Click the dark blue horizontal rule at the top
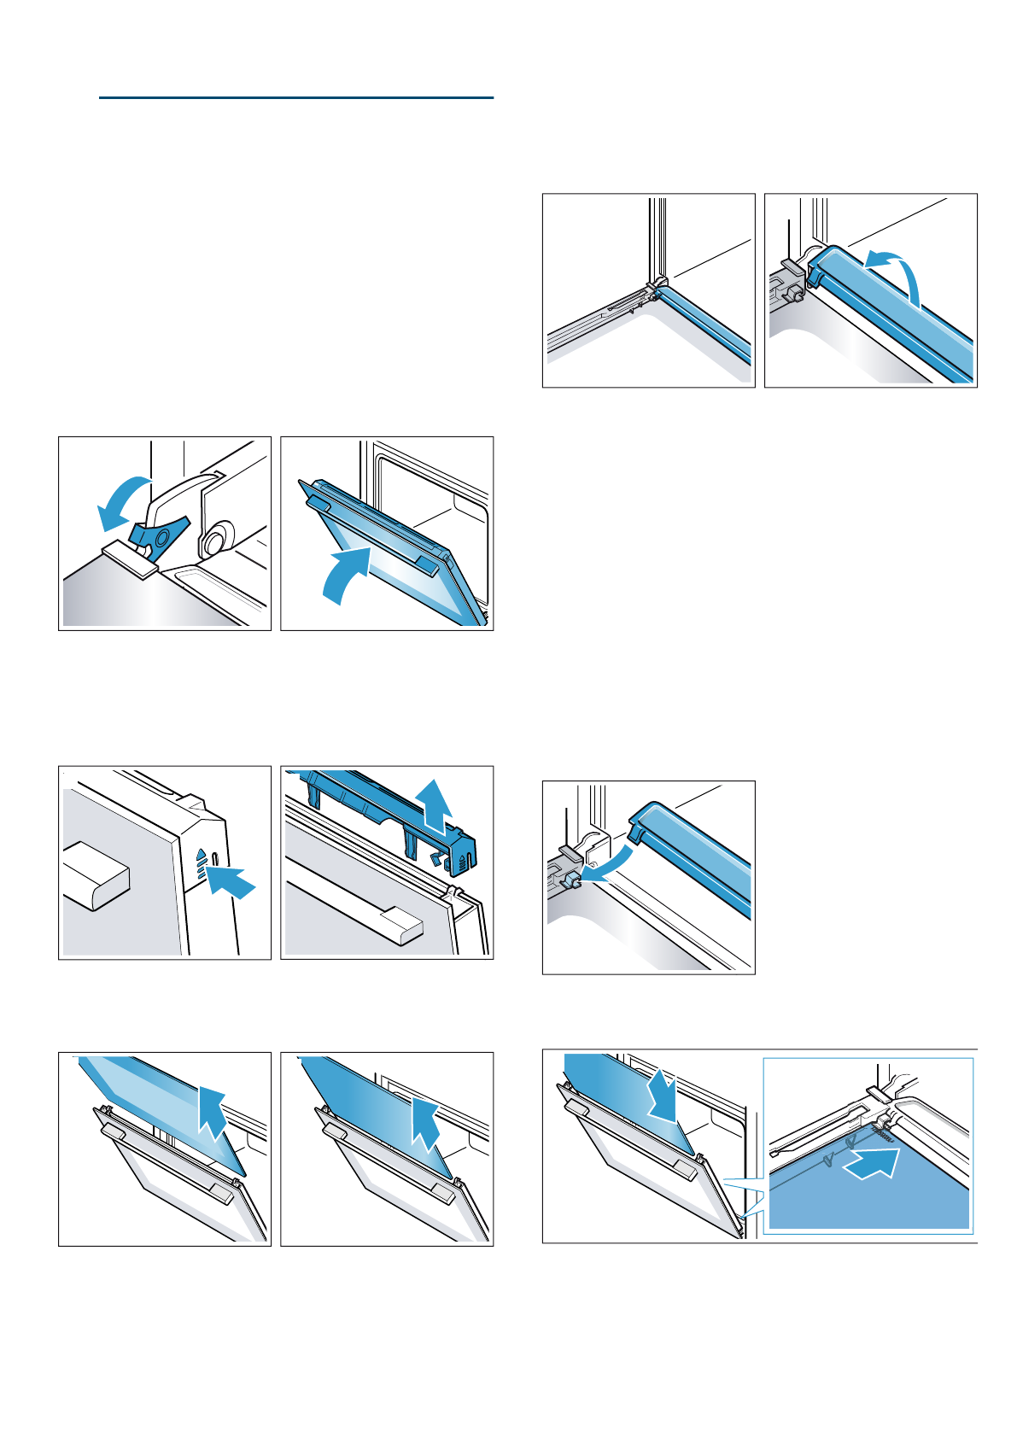(296, 98)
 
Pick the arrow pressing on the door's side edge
(231, 880)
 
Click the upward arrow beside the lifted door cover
(435, 804)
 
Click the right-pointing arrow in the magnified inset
(871, 1163)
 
